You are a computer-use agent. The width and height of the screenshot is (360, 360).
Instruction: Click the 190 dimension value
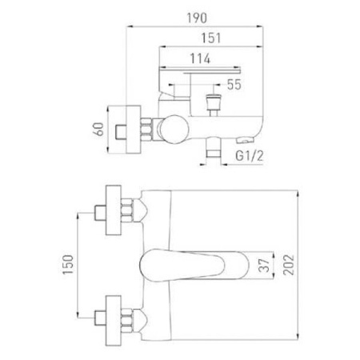[x=197, y=18]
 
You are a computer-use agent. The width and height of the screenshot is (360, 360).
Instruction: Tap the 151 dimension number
[x=211, y=38]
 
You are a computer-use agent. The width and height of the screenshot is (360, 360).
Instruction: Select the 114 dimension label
[x=200, y=58]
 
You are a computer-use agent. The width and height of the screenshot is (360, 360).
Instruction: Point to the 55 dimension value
[x=234, y=85]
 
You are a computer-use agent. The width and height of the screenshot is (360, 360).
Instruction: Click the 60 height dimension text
[x=99, y=129]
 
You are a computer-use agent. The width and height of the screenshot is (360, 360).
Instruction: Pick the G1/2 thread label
[x=250, y=156]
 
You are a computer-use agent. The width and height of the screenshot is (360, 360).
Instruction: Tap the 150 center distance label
[x=68, y=265]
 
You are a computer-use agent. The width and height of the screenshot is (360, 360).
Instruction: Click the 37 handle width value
[x=265, y=265]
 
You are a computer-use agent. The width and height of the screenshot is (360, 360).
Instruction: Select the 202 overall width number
[x=289, y=265]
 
